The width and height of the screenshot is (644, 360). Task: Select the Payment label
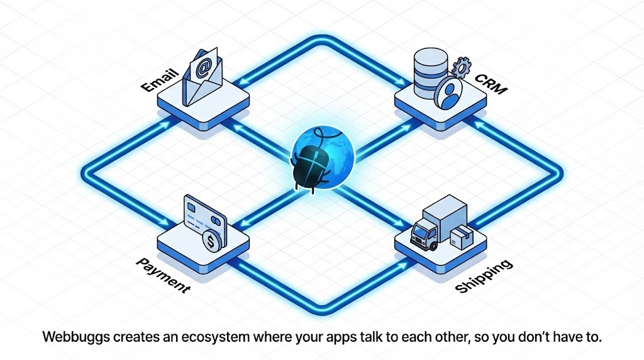click(162, 274)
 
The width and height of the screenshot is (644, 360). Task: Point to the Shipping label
click(483, 275)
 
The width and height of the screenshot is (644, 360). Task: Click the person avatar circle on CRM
click(448, 92)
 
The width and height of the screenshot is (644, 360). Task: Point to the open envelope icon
click(201, 79)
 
